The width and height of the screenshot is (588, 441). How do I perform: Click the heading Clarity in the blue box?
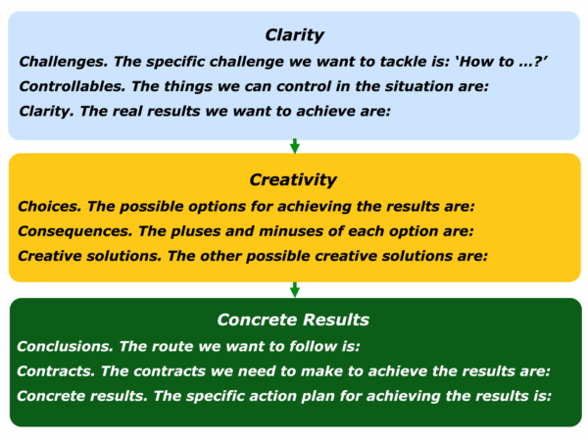tap(294, 35)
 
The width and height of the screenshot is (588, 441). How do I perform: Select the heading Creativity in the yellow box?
tap(293, 180)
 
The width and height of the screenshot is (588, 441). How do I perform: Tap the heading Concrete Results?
tap(293, 319)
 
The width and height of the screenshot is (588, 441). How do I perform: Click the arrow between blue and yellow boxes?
tap(295, 146)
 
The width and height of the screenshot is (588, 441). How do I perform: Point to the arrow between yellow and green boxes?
tap(295, 289)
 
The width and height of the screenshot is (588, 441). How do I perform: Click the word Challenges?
tap(64, 63)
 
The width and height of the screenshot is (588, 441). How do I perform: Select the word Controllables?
tap(73, 86)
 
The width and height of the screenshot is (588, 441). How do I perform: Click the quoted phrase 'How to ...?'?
tap(501, 62)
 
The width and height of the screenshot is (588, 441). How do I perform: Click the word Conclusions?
tap(65, 347)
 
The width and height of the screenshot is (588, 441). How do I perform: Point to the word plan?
tap(318, 397)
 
